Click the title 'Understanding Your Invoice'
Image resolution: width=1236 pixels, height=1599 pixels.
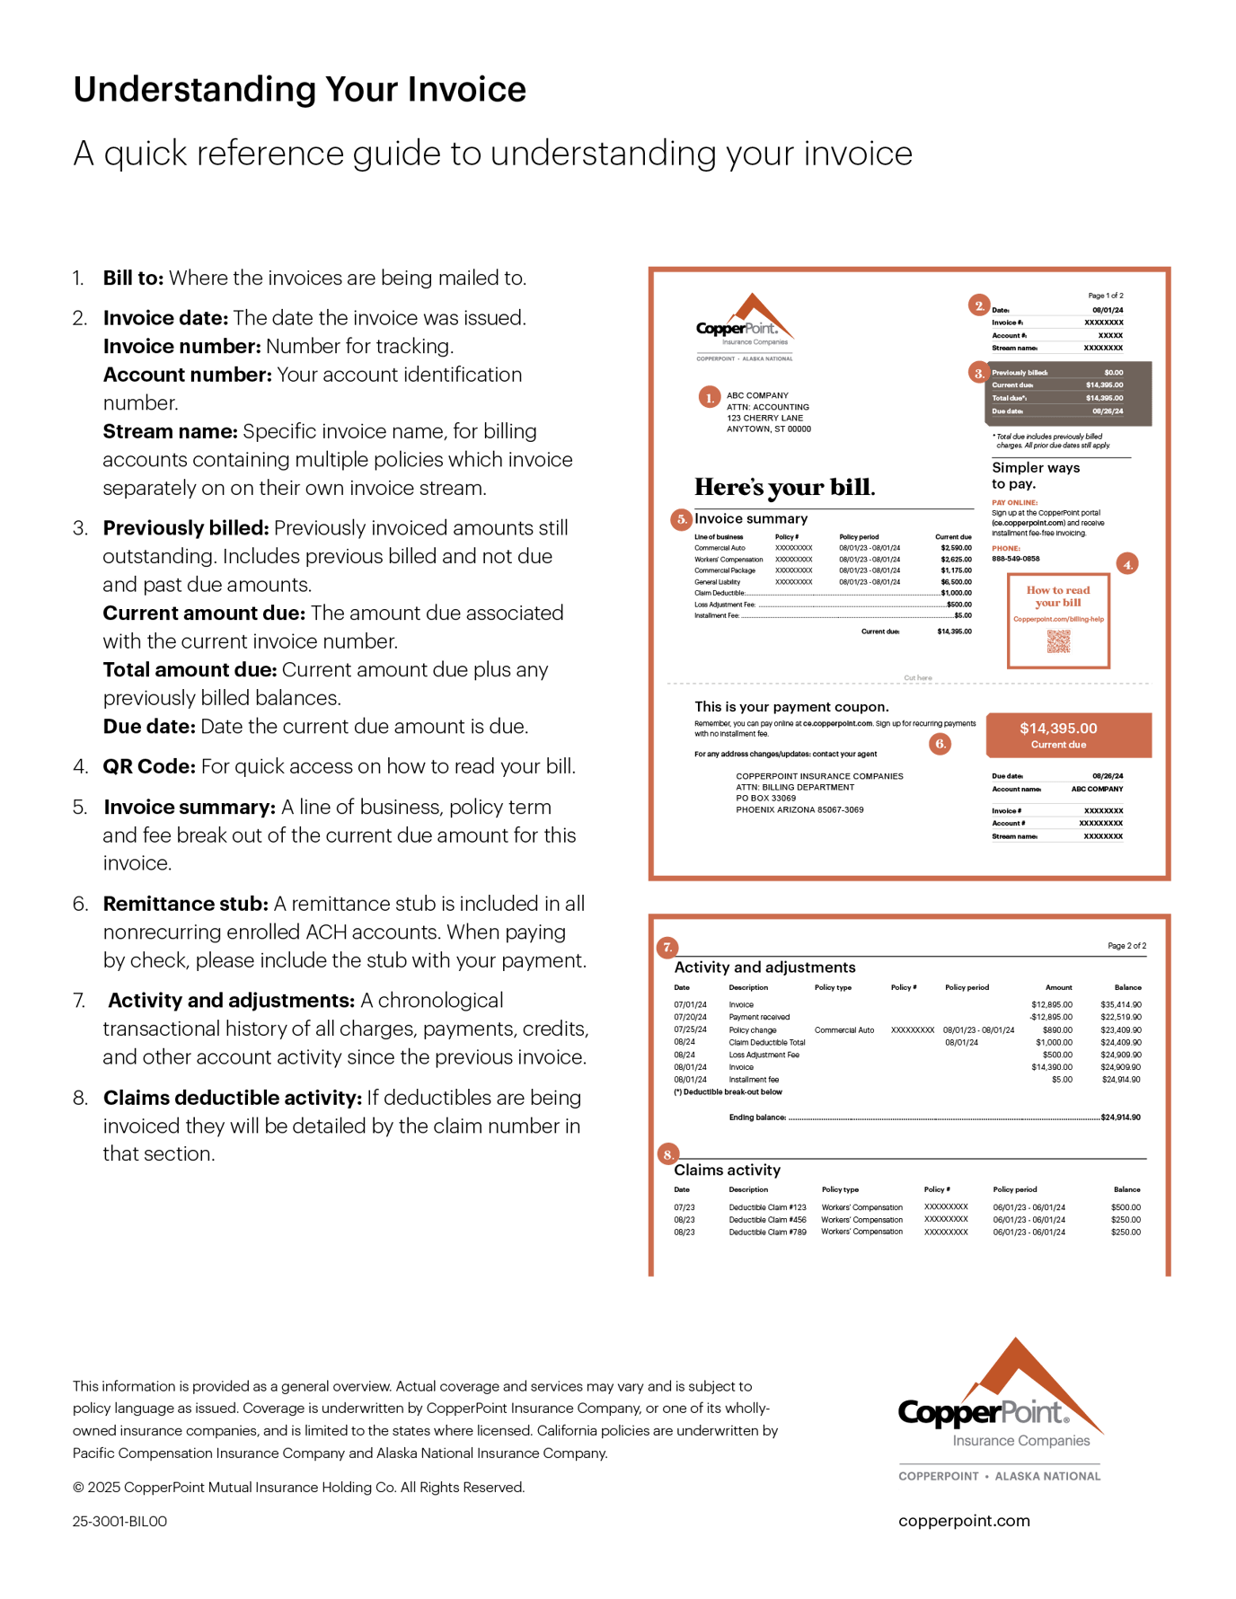click(299, 90)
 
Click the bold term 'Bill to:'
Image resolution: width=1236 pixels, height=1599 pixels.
click(133, 278)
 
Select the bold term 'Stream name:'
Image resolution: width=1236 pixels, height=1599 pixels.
click(170, 432)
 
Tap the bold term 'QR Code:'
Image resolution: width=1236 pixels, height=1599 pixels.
click(148, 767)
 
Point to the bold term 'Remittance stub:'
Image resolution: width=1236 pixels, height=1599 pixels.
click(185, 905)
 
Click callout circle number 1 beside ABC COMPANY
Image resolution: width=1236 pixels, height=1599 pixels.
click(709, 397)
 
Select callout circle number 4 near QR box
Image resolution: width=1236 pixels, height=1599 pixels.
click(1127, 564)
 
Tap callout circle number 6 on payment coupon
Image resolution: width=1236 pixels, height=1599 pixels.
click(940, 744)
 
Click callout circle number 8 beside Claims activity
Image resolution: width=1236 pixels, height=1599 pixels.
click(667, 1154)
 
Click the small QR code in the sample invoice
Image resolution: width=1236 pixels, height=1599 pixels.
click(1059, 642)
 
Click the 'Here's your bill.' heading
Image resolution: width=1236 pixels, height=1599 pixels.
click(783, 488)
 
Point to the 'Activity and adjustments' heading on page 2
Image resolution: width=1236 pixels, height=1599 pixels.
click(764, 967)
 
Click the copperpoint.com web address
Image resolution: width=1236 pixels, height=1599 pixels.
click(964, 1521)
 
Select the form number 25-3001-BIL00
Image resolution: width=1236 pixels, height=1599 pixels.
click(119, 1521)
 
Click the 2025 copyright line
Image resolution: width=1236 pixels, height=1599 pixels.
click(298, 1487)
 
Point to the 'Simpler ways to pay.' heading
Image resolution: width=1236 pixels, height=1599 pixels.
click(1035, 475)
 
